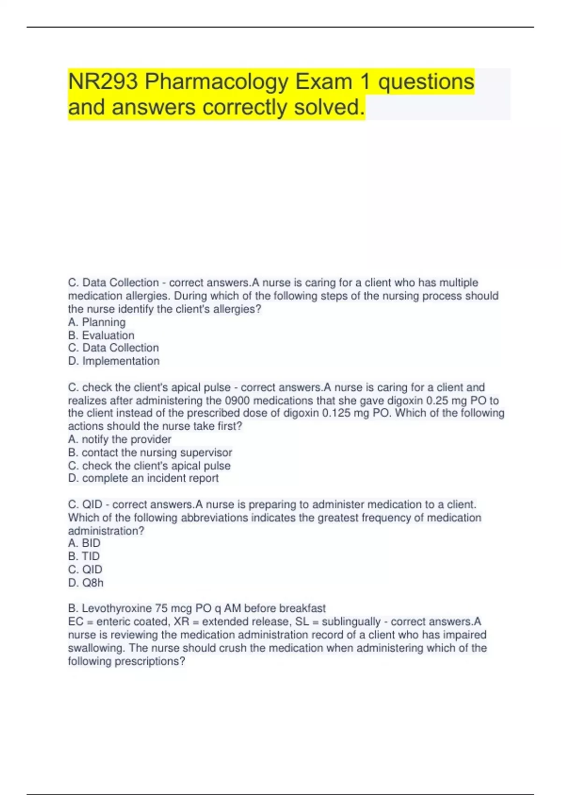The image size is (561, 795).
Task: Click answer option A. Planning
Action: point(97,322)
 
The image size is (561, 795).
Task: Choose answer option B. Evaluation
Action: point(101,335)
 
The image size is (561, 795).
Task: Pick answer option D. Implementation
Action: point(114,361)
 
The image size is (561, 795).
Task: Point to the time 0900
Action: point(237,400)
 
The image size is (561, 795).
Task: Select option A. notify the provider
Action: point(120,439)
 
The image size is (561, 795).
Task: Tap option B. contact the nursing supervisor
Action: point(150,452)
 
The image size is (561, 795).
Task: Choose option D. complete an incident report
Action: point(143,478)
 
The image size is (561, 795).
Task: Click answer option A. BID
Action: point(84,543)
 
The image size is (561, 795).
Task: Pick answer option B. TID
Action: point(84,556)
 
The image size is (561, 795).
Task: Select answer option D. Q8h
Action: point(86,583)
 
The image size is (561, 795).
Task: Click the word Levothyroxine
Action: point(117,608)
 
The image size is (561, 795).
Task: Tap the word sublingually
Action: point(351,622)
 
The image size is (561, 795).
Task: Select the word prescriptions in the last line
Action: point(150,661)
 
